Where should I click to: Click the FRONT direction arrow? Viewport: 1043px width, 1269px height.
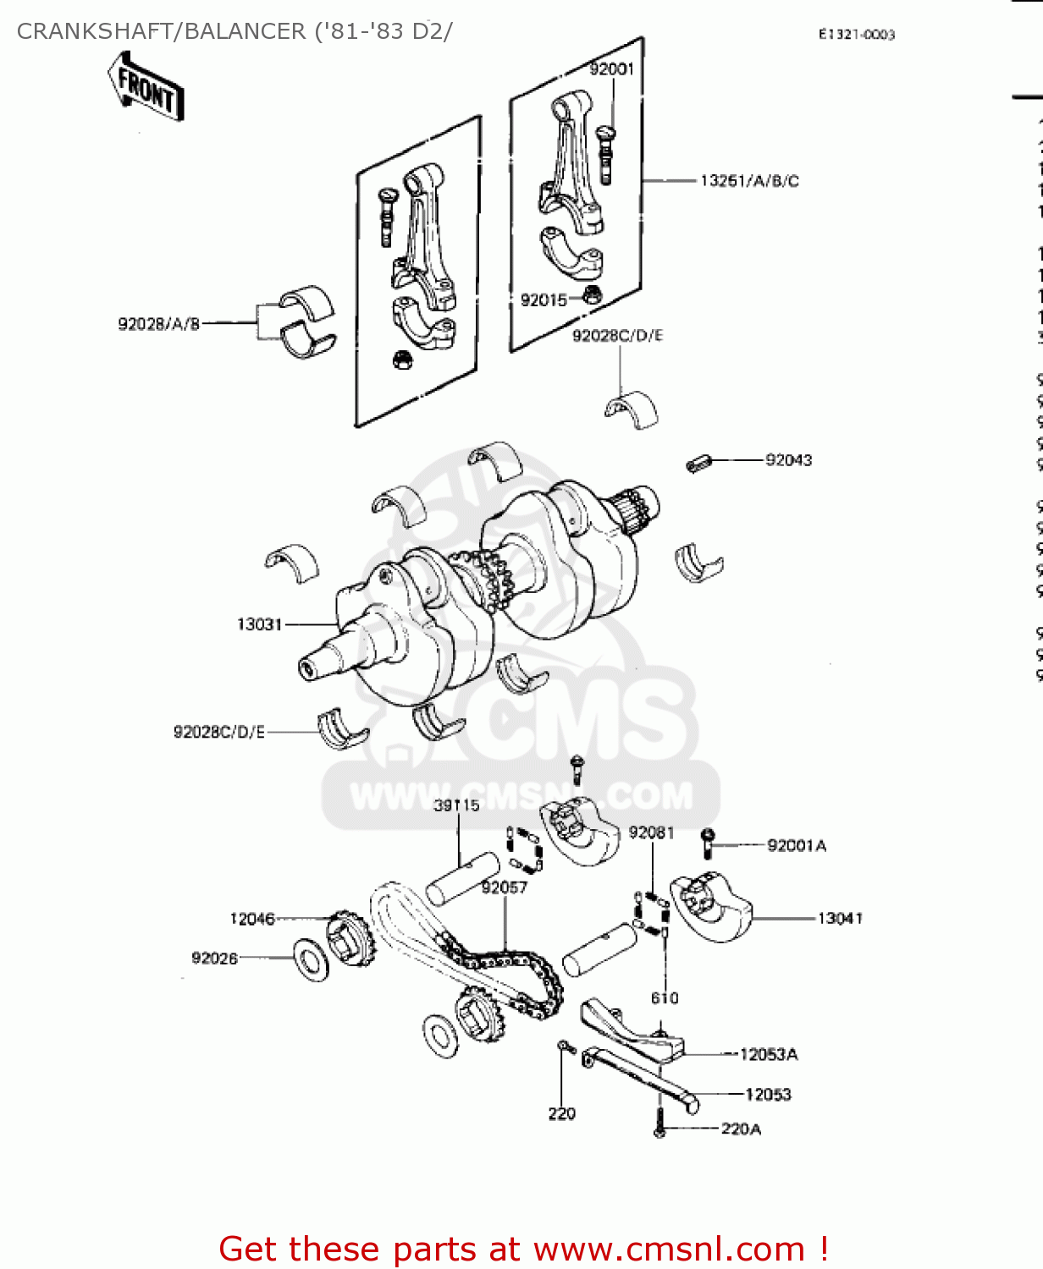point(146,86)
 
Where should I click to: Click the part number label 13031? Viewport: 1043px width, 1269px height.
point(259,624)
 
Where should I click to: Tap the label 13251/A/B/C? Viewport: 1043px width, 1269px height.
point(749,181)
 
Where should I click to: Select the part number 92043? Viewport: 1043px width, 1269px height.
point(788,460)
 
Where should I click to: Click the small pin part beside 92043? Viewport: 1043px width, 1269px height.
point(698,464)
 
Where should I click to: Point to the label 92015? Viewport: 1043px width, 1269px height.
point(544,300)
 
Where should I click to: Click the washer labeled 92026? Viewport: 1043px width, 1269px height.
point(312,959)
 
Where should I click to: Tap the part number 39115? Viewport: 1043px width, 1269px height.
point(456,805)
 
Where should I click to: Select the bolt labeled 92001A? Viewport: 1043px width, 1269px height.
point(708,843)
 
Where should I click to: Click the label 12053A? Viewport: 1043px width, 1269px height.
point(769,1054)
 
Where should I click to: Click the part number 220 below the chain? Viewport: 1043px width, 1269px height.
point(561,1113)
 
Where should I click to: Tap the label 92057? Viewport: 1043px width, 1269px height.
point(504,887)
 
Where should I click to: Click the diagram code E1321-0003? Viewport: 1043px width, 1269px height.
point(856,35)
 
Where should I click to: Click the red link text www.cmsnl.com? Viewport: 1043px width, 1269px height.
point(669,1249)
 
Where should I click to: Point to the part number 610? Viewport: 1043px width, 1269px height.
point(665,998)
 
